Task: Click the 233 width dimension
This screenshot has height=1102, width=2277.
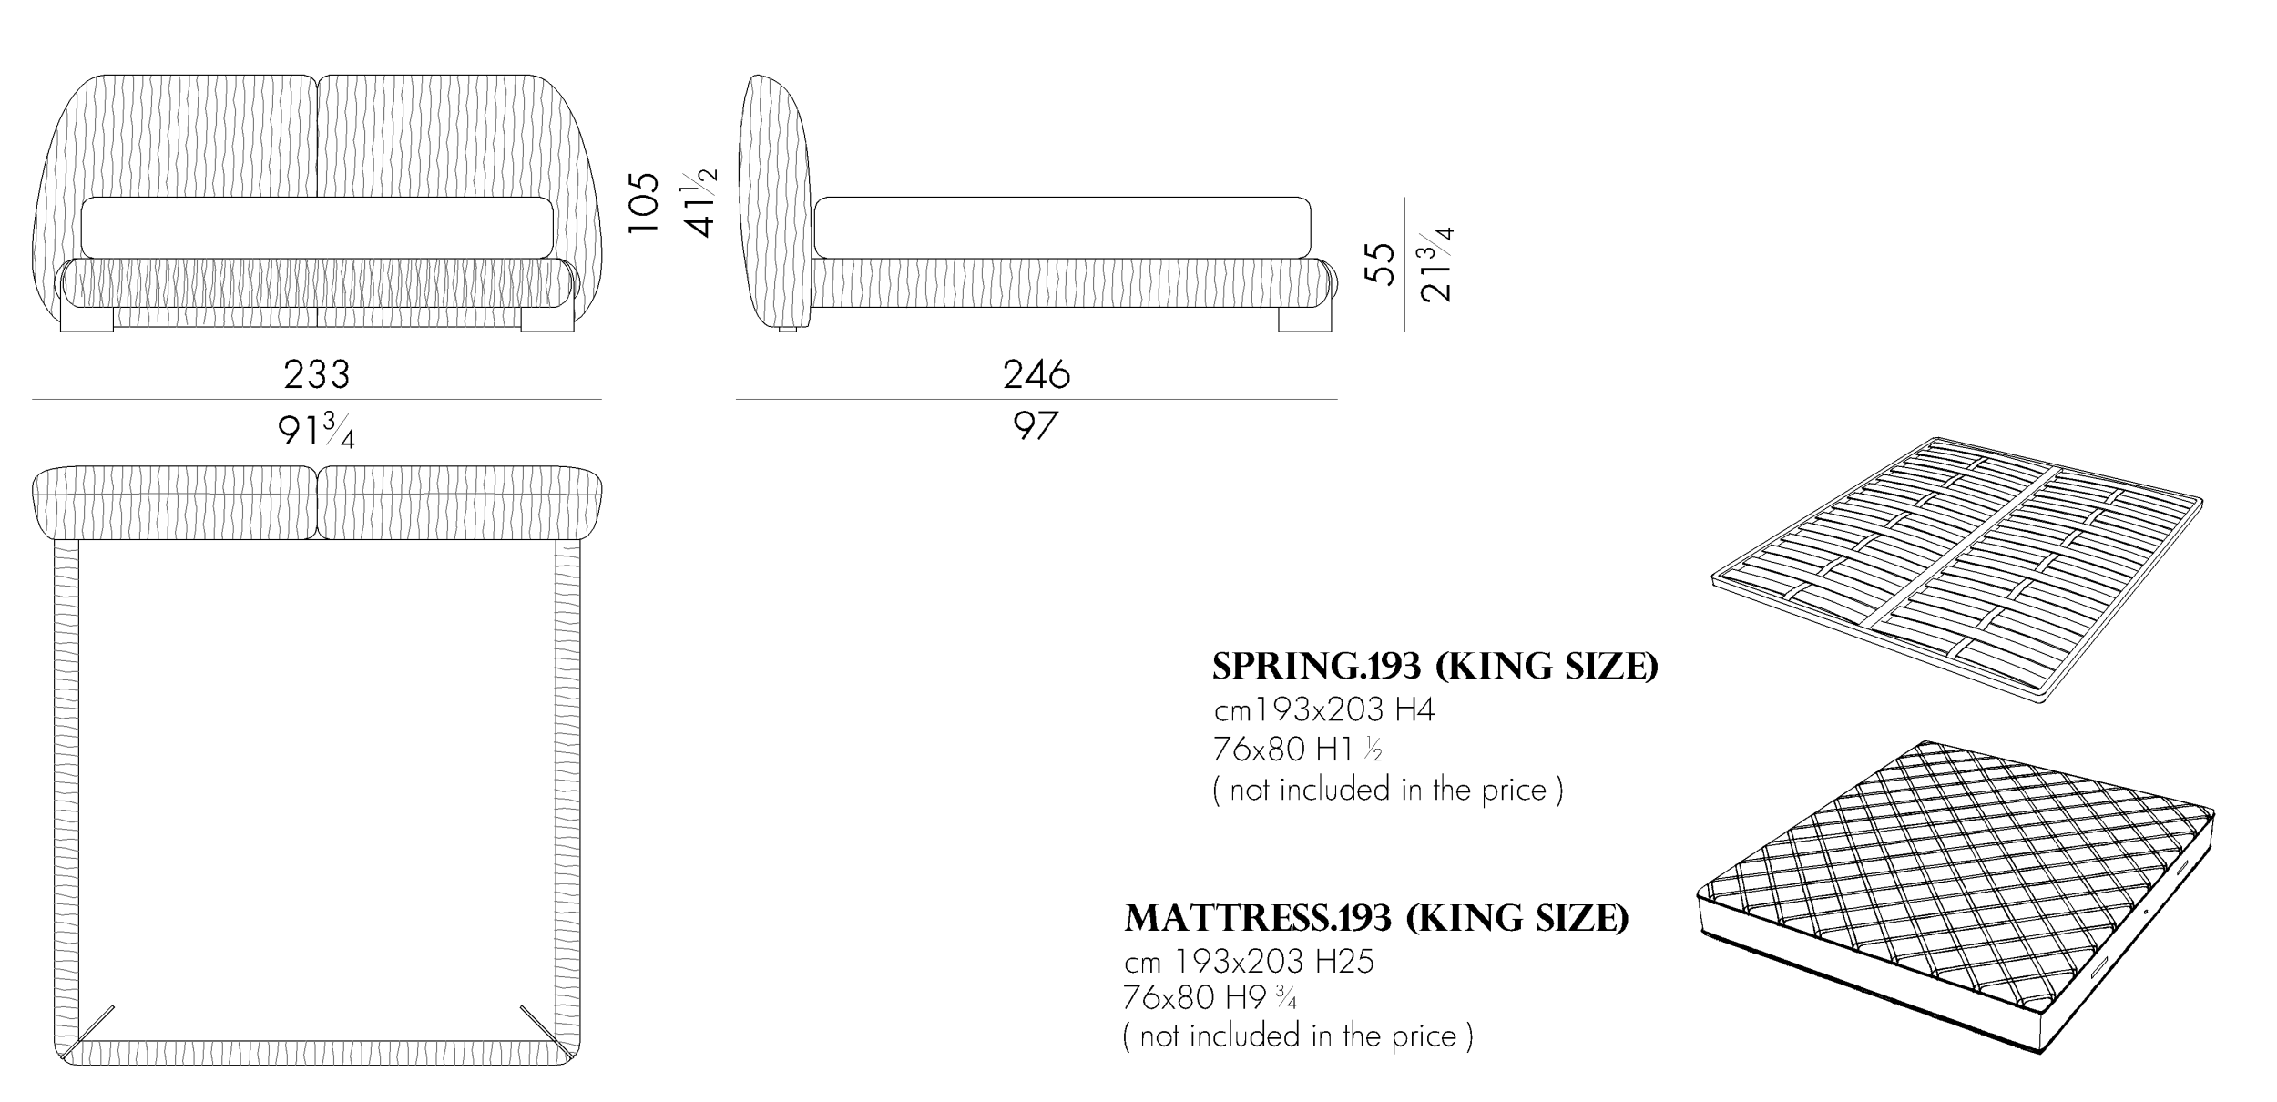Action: pos(316,374)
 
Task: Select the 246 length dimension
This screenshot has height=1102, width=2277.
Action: pos(1036,374)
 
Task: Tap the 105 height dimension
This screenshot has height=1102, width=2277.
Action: pos(644,202)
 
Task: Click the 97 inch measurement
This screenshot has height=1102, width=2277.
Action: pos(1036,426)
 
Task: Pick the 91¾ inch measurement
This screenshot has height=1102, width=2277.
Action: pos(316,430)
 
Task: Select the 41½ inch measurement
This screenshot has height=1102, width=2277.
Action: pos(700,202)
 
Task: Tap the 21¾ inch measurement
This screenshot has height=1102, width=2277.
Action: pos(1436,263)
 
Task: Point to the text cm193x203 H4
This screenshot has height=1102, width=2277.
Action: pos(1324,709)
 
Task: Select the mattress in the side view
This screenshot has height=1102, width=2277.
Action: pos(1062,227)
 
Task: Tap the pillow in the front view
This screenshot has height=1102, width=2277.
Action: pos(316,227)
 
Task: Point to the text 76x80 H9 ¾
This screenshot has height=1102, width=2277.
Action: pos(1210,999)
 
